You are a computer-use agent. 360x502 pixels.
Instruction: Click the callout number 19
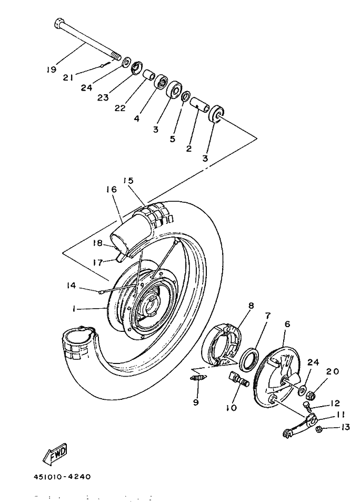click(52, 70)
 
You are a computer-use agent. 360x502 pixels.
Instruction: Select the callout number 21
click(68, 77)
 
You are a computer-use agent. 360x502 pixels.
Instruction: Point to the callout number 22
click(120, 108)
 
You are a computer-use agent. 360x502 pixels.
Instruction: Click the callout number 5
click(173, 139)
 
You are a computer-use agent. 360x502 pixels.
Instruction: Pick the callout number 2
click(189, 149)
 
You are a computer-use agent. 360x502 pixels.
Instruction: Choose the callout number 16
click(112, 189)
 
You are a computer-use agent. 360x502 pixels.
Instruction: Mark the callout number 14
click(72, 285)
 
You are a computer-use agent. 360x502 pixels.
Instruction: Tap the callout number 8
click(251, 306)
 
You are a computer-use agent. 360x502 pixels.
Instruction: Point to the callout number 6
click(287, 324)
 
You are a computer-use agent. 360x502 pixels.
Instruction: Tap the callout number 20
click(333, 371)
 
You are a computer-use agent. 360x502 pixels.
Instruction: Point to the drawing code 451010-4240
click(62, 477)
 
